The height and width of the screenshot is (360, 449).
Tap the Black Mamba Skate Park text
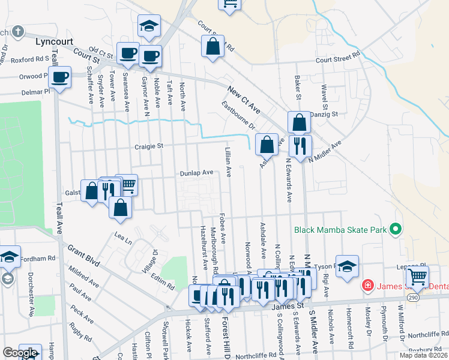pyautogui.click(x=340, y=229)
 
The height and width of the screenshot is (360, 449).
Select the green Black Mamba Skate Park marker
pyautogui.click(x=395, y=229)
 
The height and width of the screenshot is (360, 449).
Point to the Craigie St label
pyautogui.click(x=149, y=146)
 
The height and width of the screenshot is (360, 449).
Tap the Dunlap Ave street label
pyautogui.click(x=197, y=173)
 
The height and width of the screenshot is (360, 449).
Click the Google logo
pyautogui.click(x=20, y=353)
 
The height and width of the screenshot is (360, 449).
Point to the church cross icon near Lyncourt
pyautogui.click(x=19, y=31)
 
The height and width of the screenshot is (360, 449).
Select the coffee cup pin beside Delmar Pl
pyautogui.click(x=59, y=77)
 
